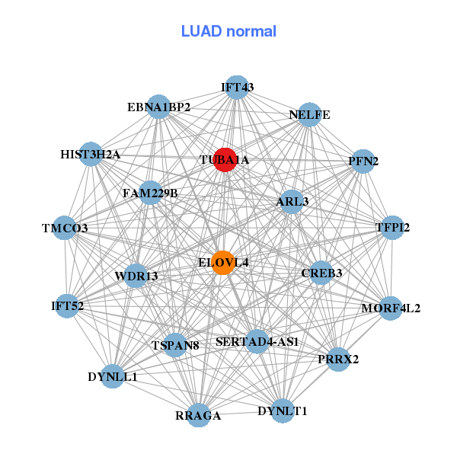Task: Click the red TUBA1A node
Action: pos(224,159)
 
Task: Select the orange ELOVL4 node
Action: pos(222,263)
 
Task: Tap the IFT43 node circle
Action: pos(237,87)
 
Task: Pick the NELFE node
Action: pos(309,115)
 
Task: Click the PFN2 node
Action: pos(363,161)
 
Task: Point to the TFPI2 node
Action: pos(392,228)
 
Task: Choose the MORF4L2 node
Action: pos(391,308)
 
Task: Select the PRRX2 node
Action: pos(339,359)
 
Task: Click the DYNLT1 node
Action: pos(282,411)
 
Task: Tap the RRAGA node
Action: pos(198,415)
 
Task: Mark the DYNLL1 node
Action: pos(113,376)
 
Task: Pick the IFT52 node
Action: pos(68,306)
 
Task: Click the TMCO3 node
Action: pos(65,228)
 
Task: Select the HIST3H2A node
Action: pos(91,155)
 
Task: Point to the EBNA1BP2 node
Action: pos(158,107)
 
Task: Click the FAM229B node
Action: pos(150,193)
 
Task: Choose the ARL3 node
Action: pos(292,201)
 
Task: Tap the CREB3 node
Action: pos(321,272)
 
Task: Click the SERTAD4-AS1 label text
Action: pos(257,341)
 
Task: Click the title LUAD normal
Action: pos(228,31)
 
